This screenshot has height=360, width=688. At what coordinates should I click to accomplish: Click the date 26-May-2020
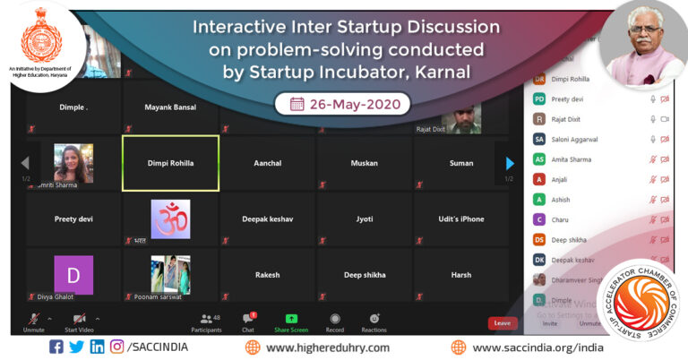tap(342, 104)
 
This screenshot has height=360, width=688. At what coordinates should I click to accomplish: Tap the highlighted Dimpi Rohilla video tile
tap(170, 163)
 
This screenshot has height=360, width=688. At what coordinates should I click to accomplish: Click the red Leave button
tap(503, 322)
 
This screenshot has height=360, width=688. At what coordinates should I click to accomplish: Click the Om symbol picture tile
tap(170, 219)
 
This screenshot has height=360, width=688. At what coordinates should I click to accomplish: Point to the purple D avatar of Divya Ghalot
tap(73, 274)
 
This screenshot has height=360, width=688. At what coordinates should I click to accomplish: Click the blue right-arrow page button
tap(509, 163)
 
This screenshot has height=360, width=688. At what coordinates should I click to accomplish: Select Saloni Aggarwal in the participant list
tap(576, 139)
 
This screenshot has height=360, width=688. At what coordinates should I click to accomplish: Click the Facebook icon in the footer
tap(56, 347)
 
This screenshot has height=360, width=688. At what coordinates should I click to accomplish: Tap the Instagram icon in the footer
tap(116, 347)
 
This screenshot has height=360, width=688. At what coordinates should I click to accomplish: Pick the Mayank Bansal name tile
tap(170, 107)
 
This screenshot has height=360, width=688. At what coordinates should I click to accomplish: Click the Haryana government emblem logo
tap(38, 36)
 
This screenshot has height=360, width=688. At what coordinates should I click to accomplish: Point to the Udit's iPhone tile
tap(461, 219)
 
